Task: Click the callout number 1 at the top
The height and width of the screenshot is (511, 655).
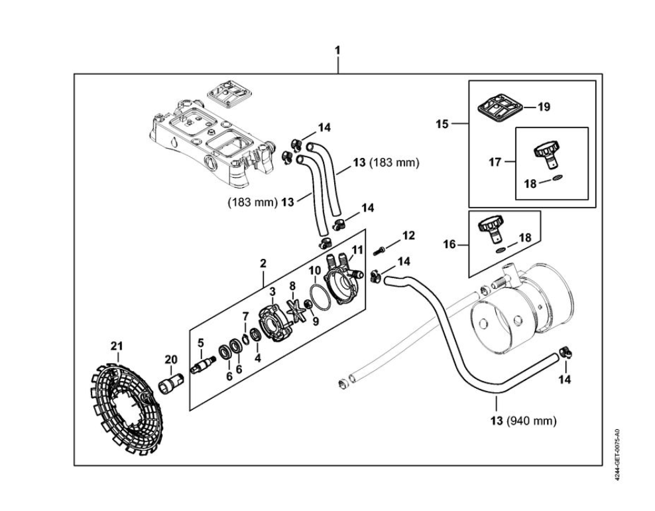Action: click(x=337, y=50)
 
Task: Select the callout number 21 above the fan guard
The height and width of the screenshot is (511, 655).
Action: click(x=117, y=345)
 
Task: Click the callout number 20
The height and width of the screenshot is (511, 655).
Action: click(x=171, y=360)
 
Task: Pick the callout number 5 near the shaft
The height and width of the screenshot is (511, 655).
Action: click(x=201, y=343)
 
